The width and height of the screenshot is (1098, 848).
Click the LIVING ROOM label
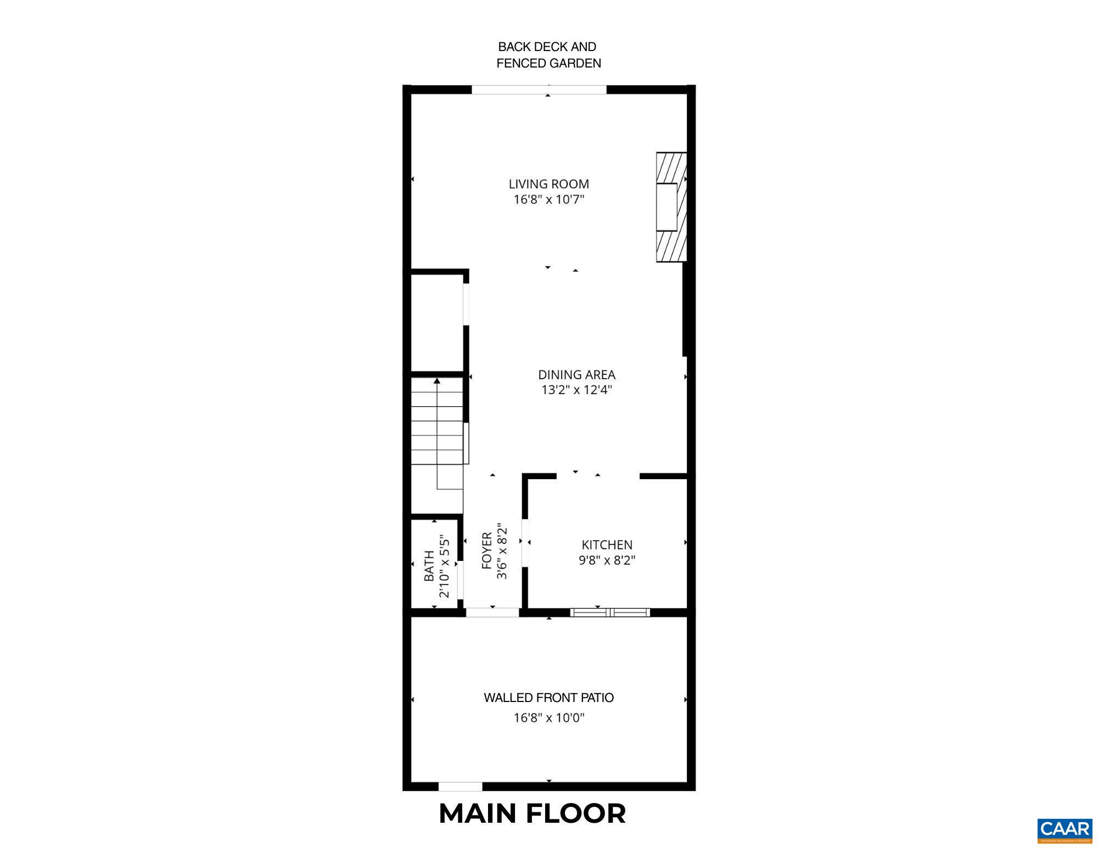548,184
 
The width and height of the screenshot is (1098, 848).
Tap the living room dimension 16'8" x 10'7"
548,200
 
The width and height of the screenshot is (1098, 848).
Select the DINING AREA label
576,375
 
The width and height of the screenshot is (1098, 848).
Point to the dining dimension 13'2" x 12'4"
576,390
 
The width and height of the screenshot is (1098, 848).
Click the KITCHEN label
607,545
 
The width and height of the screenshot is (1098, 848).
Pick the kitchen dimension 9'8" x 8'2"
607,560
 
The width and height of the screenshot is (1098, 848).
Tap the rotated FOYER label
487,551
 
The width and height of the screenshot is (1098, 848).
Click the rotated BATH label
429,566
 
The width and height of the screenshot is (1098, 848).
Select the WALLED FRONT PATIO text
548,698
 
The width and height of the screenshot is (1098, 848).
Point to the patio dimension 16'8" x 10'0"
548,718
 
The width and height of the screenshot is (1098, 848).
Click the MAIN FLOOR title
532,813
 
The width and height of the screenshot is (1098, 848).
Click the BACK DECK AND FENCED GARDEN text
548,55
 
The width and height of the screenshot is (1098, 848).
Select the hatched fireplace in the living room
671,207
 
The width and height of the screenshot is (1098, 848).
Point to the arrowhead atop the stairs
437,380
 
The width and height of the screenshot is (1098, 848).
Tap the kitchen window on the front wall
610,613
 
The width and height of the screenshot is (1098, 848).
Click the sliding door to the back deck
539,90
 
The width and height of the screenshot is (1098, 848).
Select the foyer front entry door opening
492,613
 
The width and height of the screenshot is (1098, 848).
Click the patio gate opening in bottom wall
460,787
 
